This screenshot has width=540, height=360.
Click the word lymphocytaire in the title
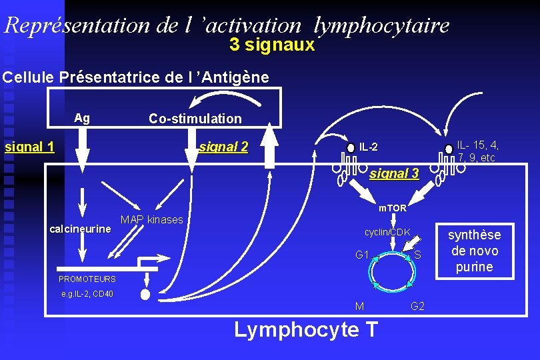381,25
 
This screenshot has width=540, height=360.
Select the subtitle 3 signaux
271,45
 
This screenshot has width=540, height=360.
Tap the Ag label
82,118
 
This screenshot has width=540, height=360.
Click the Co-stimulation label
195,119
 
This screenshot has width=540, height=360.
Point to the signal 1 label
29,147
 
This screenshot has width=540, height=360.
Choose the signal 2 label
223,147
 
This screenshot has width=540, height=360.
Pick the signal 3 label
394,173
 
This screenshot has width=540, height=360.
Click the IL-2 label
369,147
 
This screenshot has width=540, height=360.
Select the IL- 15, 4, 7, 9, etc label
478,151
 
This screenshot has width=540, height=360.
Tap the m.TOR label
393,208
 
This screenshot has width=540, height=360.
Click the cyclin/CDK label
387,232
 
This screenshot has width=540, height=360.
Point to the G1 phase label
363,255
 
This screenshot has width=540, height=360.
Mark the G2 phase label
418,306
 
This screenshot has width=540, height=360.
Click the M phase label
359,306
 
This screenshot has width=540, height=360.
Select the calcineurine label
81,229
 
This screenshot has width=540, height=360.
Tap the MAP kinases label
152,219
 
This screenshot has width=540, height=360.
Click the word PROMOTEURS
87,279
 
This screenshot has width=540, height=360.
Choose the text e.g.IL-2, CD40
87,293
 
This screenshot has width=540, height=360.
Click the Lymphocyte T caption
306,330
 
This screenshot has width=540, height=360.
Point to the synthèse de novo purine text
474,251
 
